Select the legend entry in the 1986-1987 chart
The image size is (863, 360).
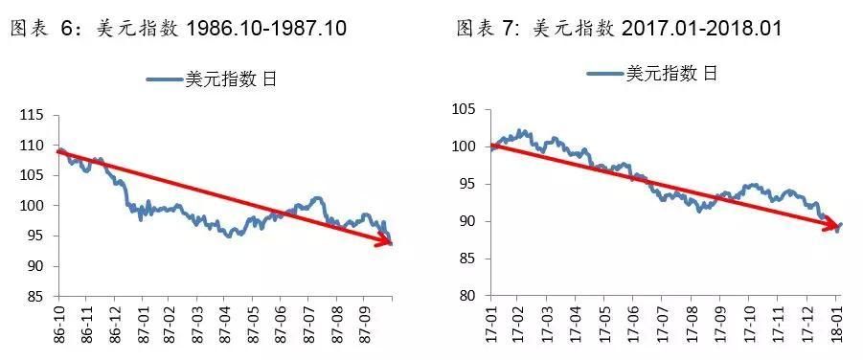click(212, 79)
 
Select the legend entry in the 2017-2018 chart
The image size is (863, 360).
click(651, 73)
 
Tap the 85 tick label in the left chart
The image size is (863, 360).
click(36, 296)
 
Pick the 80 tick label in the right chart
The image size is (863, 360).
click(467, 296)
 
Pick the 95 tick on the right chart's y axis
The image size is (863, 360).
click(467, 184)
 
